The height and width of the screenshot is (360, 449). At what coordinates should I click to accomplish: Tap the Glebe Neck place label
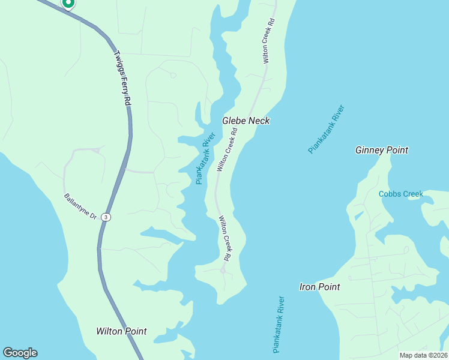point(246,121)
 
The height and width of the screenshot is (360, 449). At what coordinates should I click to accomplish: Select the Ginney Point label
point(382,150)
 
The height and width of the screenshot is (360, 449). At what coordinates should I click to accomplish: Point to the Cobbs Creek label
point(401,194)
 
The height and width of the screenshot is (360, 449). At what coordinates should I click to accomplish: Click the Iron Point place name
point(319,287)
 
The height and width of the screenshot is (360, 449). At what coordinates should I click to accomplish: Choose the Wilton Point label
point(121,331)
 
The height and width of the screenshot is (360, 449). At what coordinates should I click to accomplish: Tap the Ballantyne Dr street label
point(80,206)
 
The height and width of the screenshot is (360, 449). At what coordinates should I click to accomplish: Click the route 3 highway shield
point(106,217)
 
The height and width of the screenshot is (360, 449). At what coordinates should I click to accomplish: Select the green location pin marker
point(68,3)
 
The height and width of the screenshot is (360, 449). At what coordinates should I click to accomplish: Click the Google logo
point(20,353)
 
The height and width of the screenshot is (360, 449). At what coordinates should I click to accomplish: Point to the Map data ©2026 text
point(424,355)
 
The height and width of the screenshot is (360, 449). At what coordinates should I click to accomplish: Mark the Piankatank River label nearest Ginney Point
point(327,130)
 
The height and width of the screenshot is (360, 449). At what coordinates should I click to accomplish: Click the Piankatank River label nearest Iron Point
point(277,324)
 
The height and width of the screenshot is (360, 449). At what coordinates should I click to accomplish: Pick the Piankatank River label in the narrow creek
point(205,158)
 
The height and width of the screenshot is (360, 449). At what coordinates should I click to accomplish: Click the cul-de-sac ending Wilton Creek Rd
point(222,271)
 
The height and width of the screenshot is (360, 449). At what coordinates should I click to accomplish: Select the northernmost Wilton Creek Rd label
point(268,41)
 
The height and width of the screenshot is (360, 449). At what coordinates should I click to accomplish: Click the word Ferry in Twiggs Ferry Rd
point(123,80)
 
